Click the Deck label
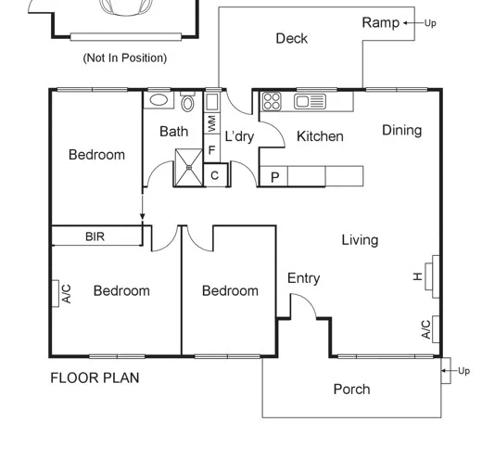click(291, 38)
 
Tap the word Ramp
click(380, 22)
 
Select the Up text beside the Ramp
click(431, 23)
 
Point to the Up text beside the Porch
click(463, 371)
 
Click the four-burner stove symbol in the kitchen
click(271, 101)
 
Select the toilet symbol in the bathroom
click(188, 101)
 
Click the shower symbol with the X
click(189, 168)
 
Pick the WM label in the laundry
click(211, 122)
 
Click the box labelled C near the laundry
click(215, 175)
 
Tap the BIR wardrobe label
click(95, 237)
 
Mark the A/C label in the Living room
click(426, 329)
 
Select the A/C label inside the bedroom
click(66, 294)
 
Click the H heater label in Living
click(418, 275)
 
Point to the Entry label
click(303, 278)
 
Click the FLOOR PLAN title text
click(95, 378)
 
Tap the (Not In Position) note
click(125, 57)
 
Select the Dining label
click(401, 131)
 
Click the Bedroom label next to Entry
click(230, 291)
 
